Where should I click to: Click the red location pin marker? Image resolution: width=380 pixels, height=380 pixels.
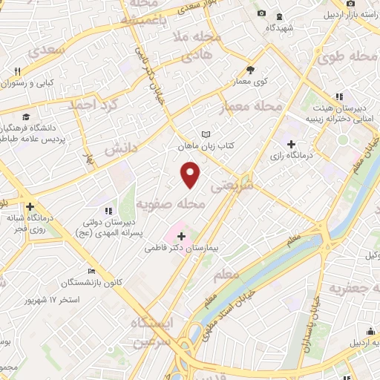coord(191,175)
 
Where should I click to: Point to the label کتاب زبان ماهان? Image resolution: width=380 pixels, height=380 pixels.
coord(206,146)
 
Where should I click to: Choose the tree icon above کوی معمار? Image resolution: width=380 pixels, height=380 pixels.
coord(251,71)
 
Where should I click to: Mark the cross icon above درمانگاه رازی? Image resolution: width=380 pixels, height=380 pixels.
coord(291,144)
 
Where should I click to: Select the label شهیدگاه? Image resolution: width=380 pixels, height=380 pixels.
coord(282,27)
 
